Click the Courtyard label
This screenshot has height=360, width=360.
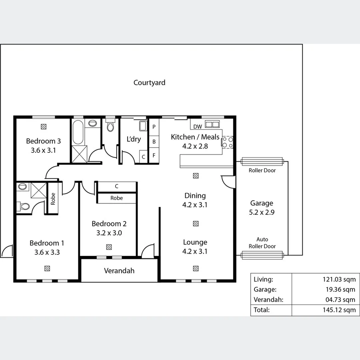[x=149, y=83]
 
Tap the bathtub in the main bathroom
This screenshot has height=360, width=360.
[x=78, y=132]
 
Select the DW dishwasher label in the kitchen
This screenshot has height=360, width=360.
[x=198, y=126]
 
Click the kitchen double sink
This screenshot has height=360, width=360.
[x=212, y=124]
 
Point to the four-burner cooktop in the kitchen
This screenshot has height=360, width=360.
[x=228, y=142]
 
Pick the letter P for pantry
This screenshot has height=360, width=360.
[x=154, y=126]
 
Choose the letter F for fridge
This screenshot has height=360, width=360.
[x=154, y=156]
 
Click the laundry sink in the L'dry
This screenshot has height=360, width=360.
[x=143, y=126]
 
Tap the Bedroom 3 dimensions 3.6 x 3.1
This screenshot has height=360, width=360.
[x=43, y=150]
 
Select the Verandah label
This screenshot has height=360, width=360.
[x=119, y=271]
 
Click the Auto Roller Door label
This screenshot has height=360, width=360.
[x=262, y=243]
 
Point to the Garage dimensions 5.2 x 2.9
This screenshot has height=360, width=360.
[x=262, y=212]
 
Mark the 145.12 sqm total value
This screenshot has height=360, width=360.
[x=339, y=310]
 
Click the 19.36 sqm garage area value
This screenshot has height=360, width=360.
[x=341, y=290]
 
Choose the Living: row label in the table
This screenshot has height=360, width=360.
[x=263, y=280]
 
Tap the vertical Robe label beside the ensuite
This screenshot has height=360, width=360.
[x=53, y=199]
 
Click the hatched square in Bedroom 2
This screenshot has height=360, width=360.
[x=109, y=247]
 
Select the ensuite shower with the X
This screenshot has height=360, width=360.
[x=38, y=190]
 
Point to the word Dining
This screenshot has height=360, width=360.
[x=195, y=196]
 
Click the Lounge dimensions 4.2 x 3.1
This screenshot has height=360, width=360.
[x=195, y=252]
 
